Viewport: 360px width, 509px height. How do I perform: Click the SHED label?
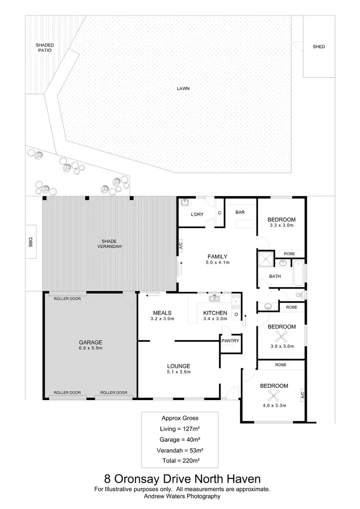pyautogui.click(x=319, y=47)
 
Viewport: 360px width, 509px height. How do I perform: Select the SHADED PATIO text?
pyautogui.click(x=45, y=48)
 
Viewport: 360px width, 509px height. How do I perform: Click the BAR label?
pyautogui.click(x=240, y=211)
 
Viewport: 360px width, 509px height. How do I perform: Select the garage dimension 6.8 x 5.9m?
pyautogui.click(x=91, y=348)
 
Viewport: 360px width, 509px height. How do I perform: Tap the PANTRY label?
pyautogui.click(x=229, y=340)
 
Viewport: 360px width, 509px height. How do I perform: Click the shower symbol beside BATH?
pyautogui.click(x=265, y=260)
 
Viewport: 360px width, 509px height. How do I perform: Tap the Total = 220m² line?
pyautogui.click(x=180, y=460)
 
